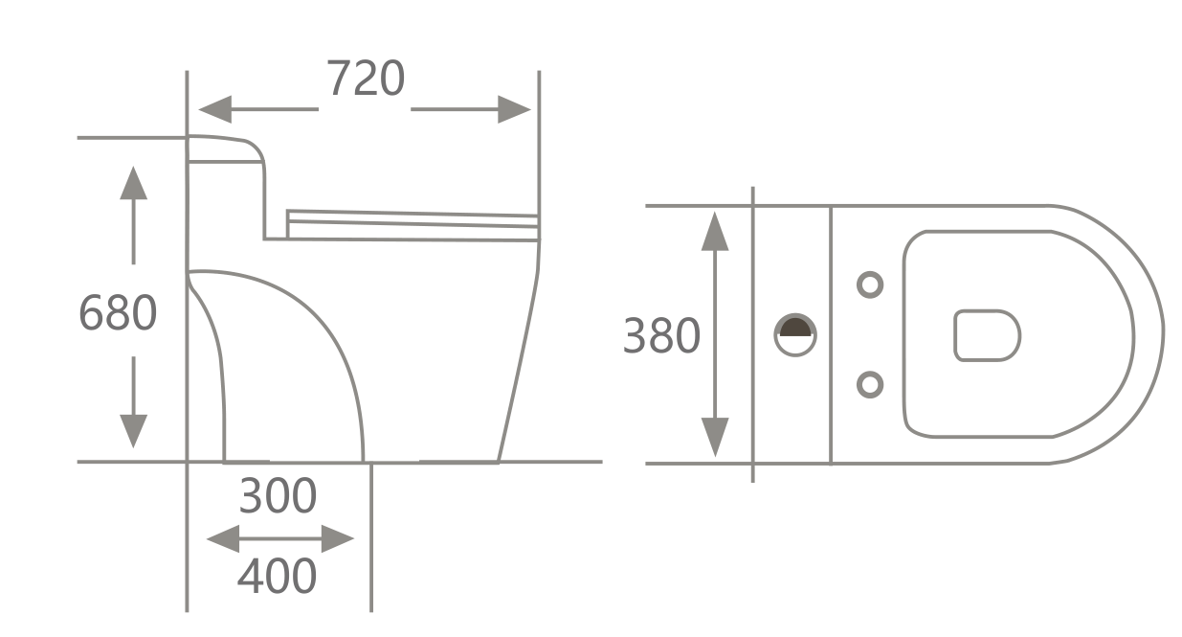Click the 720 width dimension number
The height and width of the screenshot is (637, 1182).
tap(366, 80)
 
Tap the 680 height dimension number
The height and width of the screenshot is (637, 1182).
tap(117, 313)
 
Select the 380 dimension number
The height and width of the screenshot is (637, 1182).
tap(661, 336)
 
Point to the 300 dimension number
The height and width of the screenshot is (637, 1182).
tap(277, 496)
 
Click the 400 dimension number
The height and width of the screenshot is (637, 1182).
tap(277, 577)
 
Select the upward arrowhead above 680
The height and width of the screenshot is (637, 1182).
tap(133, 182)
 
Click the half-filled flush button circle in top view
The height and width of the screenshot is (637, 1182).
tap(795, 333)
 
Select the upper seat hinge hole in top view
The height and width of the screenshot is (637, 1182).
tap(869, 284)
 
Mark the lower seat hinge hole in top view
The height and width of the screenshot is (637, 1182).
tap(869, 385)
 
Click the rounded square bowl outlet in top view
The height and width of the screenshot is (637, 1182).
tap(987, 335)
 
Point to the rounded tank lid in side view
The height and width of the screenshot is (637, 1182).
tap(226, 149)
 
